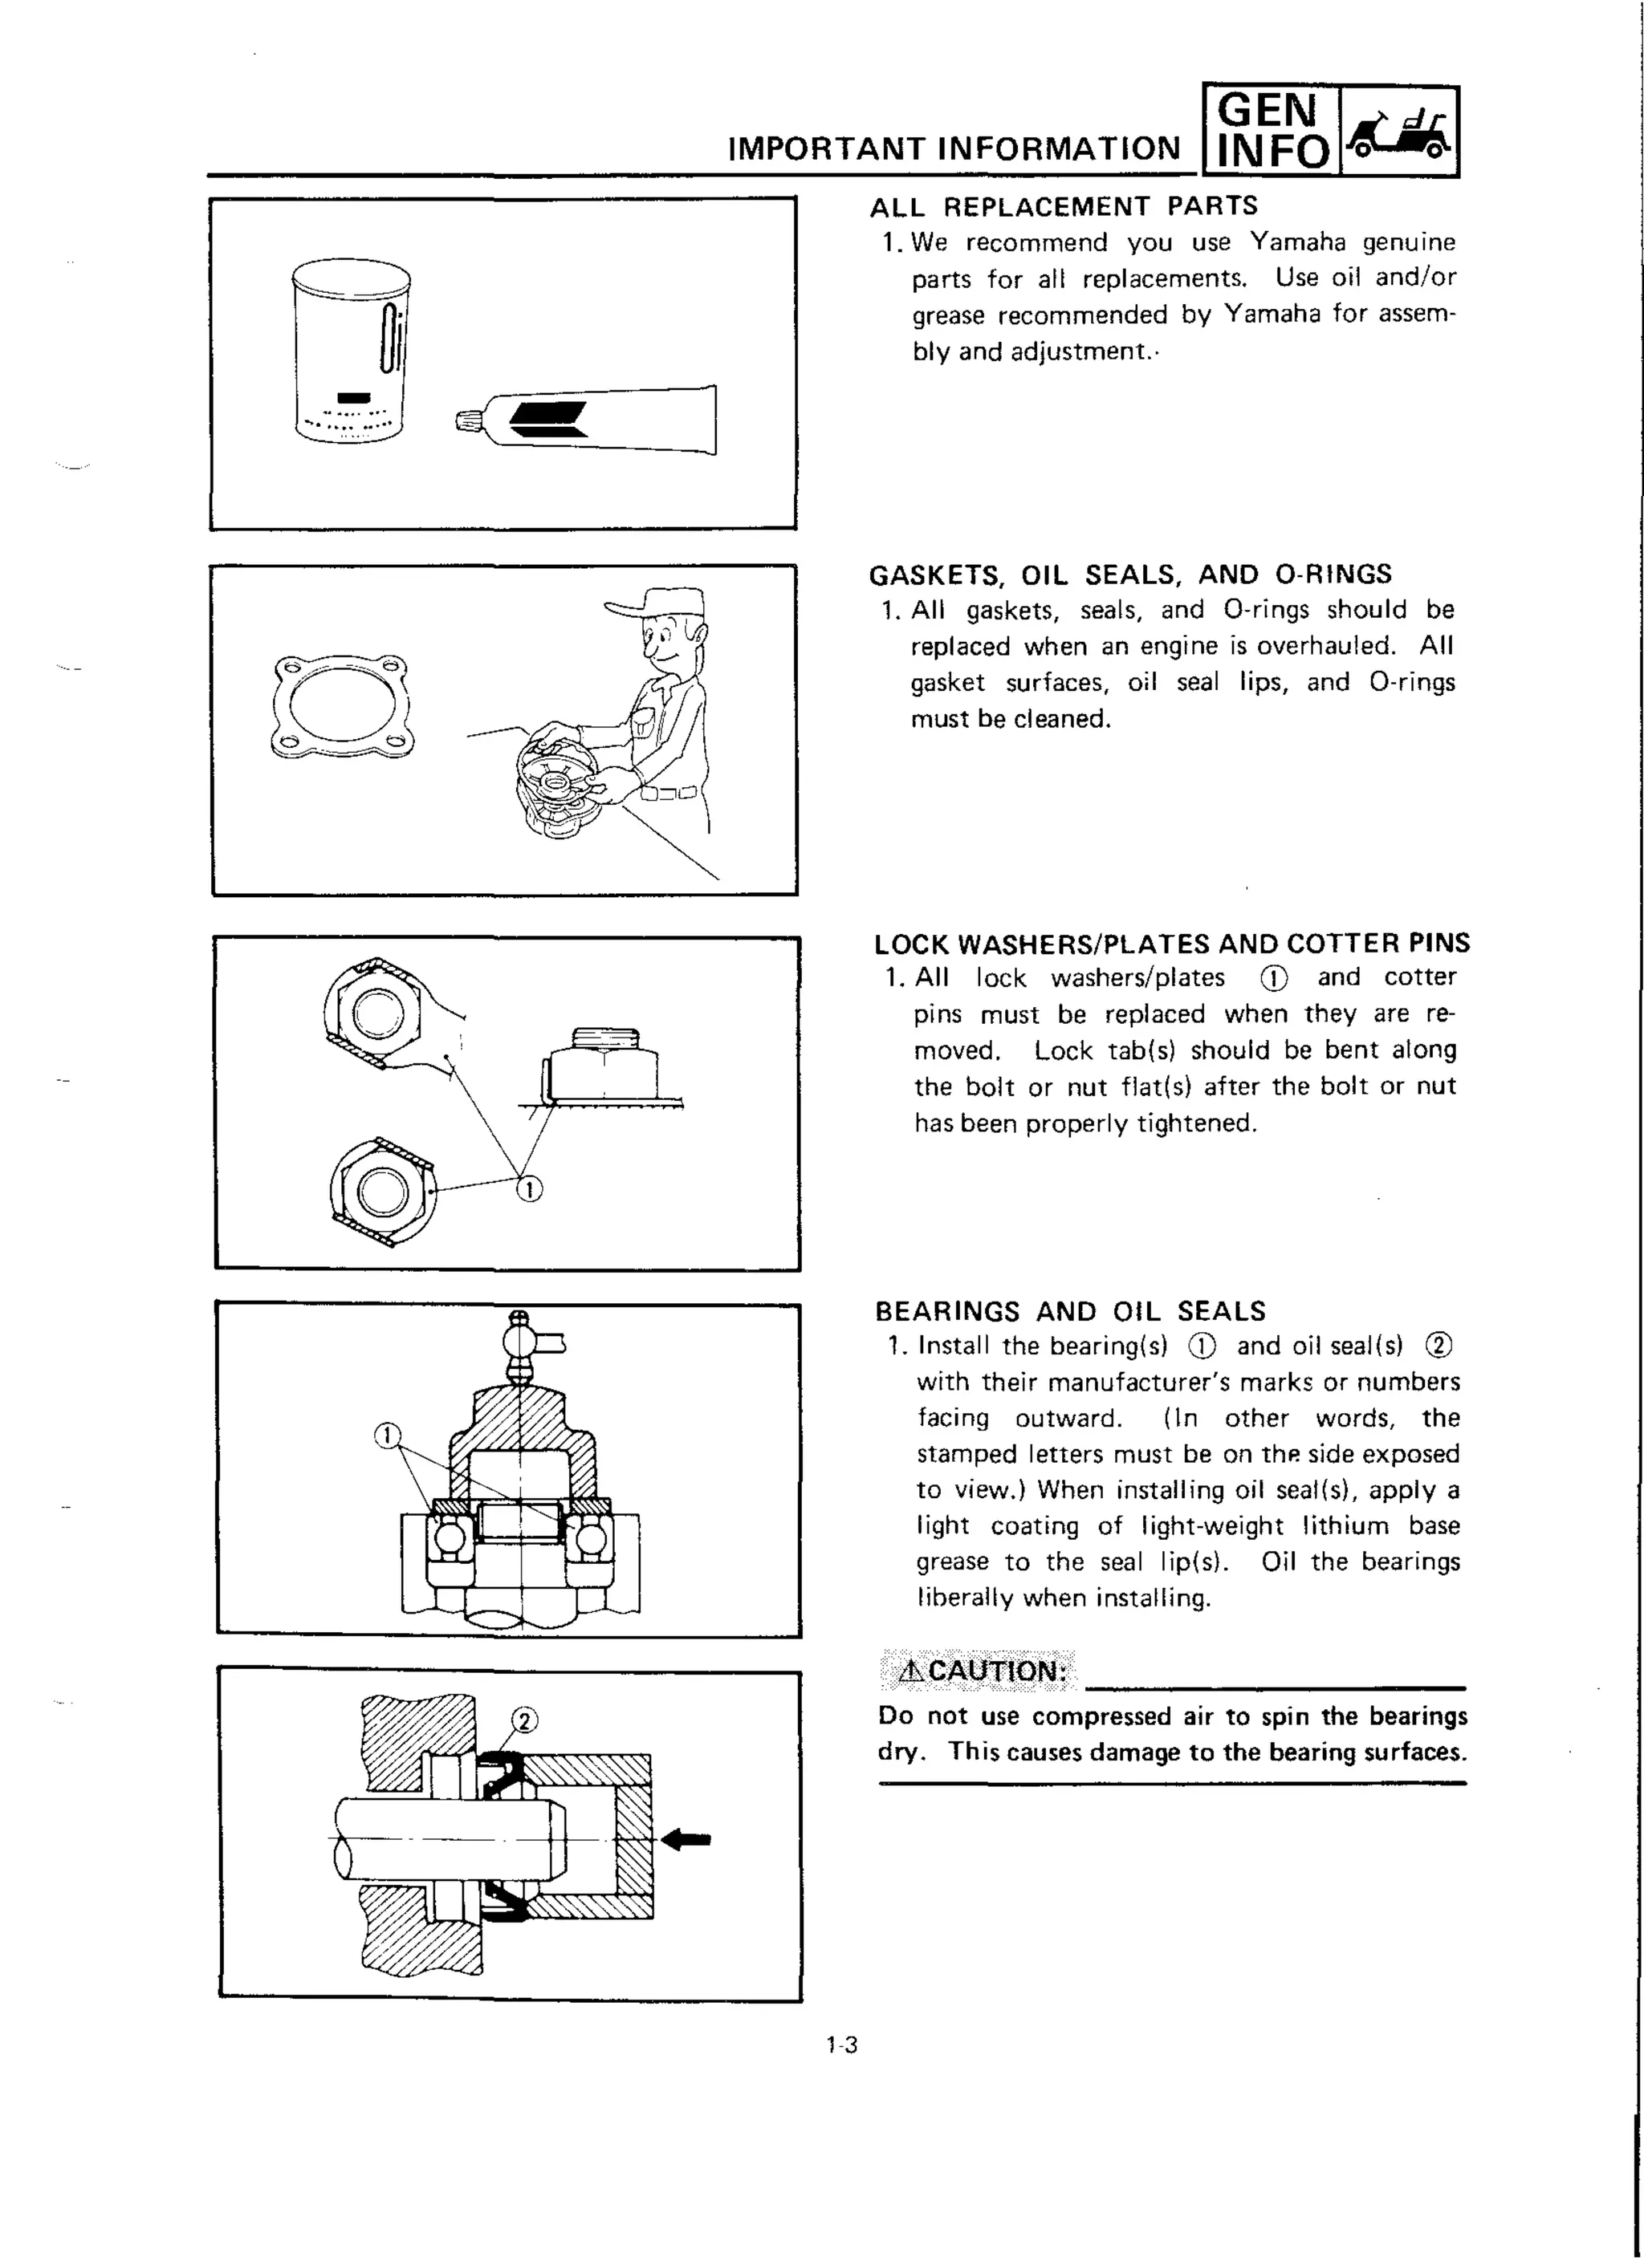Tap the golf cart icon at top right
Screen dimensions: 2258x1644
(1400, 132)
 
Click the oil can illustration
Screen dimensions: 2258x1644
(352, 350)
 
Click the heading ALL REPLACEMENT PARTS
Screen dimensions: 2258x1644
(1064, 206)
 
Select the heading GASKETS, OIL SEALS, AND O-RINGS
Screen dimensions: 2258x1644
(1130, 575)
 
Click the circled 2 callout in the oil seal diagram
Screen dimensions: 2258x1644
(525, 1720)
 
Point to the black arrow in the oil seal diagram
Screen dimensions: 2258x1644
(686, 1839)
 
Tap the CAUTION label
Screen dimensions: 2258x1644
(982, 1671)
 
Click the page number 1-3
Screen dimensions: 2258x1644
(841, 2045)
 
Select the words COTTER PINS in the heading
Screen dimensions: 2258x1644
(1377, 943)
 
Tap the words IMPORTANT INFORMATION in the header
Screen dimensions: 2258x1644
(954, 149)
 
